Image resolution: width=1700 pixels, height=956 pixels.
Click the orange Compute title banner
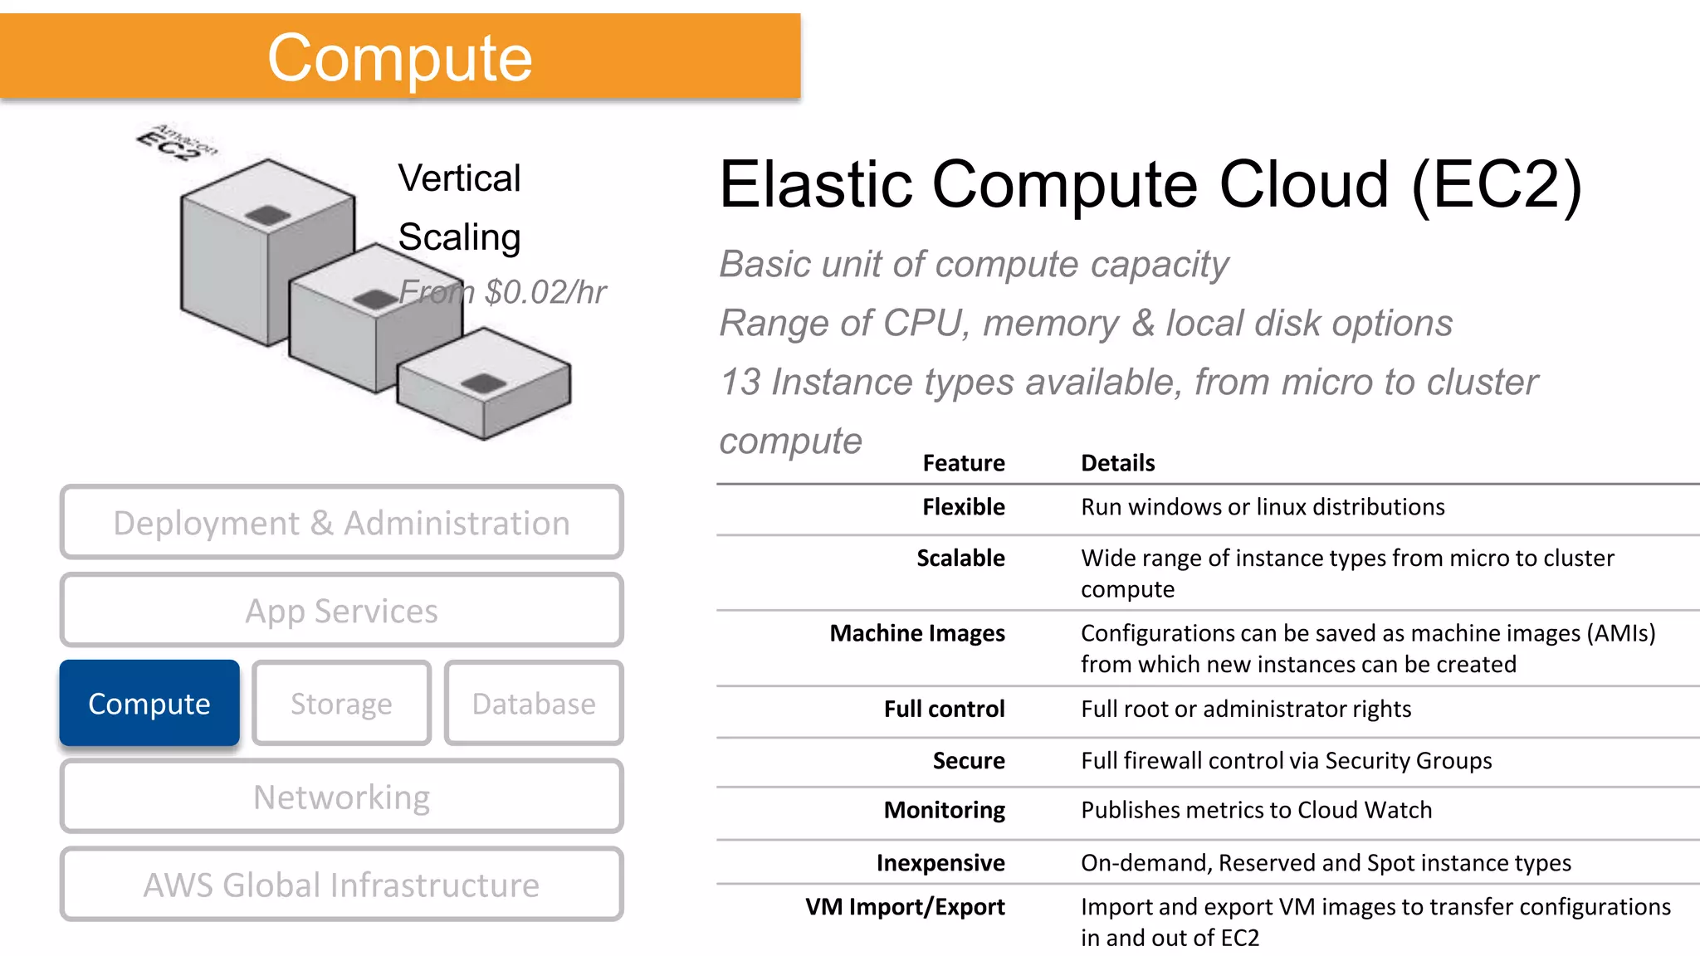399,56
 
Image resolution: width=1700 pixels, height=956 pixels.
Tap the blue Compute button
149,704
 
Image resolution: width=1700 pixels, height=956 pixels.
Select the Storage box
341,704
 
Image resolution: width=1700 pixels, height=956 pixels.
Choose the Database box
534,704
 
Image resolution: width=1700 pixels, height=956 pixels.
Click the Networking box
341,797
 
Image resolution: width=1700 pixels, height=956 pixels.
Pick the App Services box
341,611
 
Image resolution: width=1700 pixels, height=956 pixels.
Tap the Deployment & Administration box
341,523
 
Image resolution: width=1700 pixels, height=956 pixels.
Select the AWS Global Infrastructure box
341,885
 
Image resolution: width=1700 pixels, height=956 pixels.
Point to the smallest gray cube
485,386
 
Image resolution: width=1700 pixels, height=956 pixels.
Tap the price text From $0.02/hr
502,292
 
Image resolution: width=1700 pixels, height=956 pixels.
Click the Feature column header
963,463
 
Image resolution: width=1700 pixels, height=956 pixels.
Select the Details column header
1117,463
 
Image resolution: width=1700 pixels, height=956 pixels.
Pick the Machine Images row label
917,633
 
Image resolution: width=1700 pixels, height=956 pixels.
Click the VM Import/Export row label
905,906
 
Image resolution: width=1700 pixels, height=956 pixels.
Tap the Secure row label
968,760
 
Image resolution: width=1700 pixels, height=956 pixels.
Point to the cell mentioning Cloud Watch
1256,810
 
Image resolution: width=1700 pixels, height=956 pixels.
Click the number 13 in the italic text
740,383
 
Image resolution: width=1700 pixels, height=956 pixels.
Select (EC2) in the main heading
1497,184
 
